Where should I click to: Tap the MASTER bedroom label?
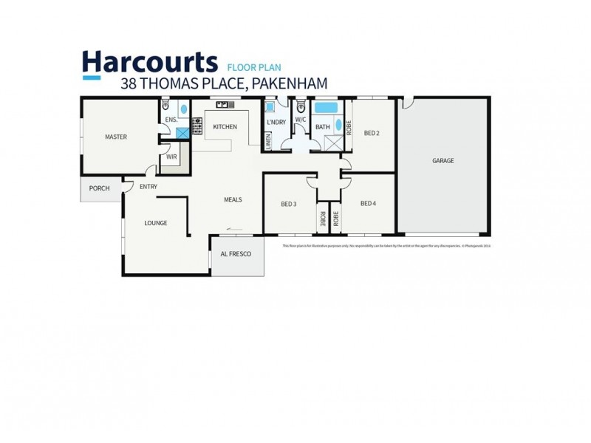[116, 137]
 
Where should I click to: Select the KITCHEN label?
[225, 127]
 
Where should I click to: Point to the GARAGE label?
[443, 160]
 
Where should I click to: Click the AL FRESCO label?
[237, 254]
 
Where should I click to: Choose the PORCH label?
[99, 188]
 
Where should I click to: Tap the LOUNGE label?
[155, 223]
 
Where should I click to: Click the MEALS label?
[233, 199]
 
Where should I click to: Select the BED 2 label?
[372, 133]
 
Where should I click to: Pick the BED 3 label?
[289, 204]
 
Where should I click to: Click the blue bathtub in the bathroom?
[326, 108]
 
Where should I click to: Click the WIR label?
[171, 157]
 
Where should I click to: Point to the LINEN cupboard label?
[268, 140]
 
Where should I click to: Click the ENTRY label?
[148, 187]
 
